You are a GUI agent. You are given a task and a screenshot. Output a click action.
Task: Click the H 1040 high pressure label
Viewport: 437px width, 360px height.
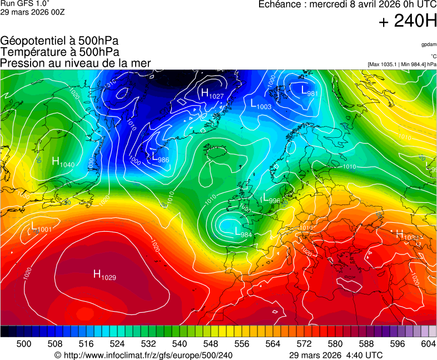63,162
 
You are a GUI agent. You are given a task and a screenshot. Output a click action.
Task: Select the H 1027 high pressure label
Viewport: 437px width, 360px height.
212,94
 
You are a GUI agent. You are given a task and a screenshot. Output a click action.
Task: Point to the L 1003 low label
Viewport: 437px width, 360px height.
260,104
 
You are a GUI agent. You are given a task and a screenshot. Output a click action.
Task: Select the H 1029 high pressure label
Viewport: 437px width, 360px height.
105,275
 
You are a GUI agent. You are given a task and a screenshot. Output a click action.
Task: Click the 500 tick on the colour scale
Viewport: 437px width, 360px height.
24,344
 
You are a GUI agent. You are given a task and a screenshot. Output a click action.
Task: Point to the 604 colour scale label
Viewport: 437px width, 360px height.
428,344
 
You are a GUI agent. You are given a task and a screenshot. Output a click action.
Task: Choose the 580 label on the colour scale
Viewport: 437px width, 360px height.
335,344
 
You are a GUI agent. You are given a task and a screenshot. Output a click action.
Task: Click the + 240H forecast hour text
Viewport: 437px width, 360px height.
407,22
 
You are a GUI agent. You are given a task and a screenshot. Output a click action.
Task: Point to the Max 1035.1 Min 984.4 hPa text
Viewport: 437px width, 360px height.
402,64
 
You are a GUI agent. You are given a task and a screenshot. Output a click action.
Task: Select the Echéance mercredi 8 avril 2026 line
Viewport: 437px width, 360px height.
347,4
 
